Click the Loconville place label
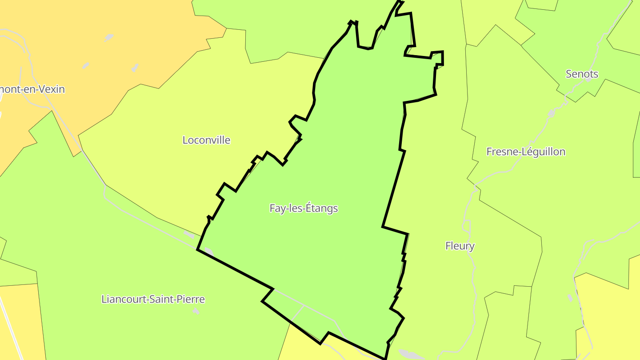206,140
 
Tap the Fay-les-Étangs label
304,208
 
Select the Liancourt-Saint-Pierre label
153,299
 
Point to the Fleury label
460,246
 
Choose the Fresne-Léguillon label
526,152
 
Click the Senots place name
582,74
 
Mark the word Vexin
51,89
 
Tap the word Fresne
500,152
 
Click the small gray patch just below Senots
588,81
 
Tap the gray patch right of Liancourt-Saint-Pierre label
196,311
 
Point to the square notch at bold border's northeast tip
438,58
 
